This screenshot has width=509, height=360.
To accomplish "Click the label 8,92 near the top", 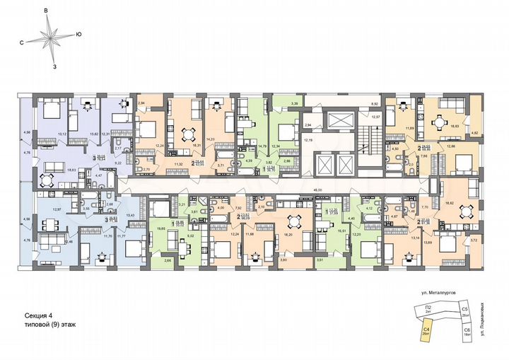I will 374,103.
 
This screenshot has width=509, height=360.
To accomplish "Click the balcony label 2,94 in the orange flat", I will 141,104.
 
